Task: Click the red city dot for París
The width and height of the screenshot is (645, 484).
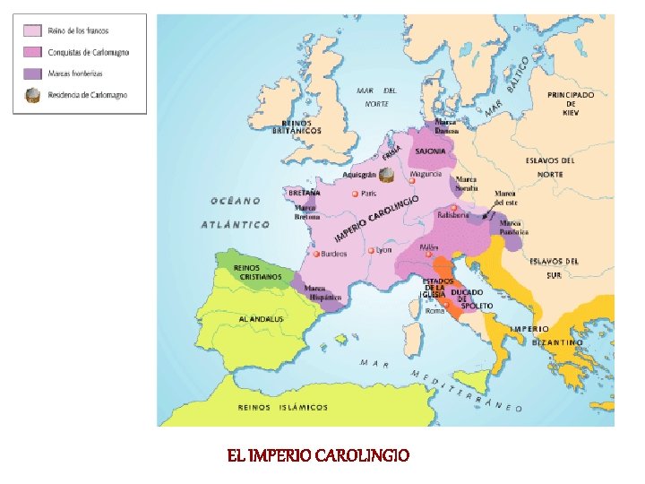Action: coord(356,194)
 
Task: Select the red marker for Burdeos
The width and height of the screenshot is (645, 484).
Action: coord(318,254)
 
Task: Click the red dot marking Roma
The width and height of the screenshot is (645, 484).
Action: coord(445,304)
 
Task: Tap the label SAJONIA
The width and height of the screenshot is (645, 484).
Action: coord(430,151)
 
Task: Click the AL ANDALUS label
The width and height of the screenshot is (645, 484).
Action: coord(261,319)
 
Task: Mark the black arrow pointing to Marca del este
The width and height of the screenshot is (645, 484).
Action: coord(485,217)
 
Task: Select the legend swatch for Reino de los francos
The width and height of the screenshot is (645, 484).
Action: coord(30,31)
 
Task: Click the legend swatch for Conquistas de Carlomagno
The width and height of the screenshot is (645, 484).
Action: coord(30,52)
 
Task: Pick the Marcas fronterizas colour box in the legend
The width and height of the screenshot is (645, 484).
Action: coord(30,73)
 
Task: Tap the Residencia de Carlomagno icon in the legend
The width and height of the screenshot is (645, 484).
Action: coord(31,95)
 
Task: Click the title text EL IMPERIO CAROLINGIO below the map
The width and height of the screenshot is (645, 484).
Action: coord(318,455)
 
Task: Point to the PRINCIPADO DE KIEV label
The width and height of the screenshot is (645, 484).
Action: coord(571,104)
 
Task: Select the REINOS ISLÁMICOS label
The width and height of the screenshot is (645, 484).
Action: coord(282,407)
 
